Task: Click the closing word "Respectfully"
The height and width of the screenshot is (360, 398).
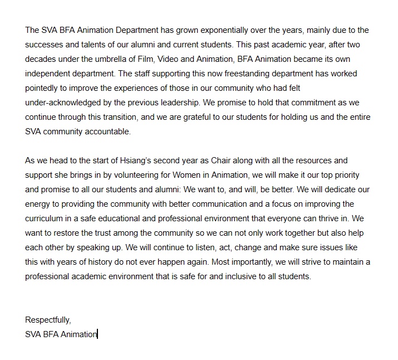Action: [48, 320]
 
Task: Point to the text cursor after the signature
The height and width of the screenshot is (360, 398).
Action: [97, 334]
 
